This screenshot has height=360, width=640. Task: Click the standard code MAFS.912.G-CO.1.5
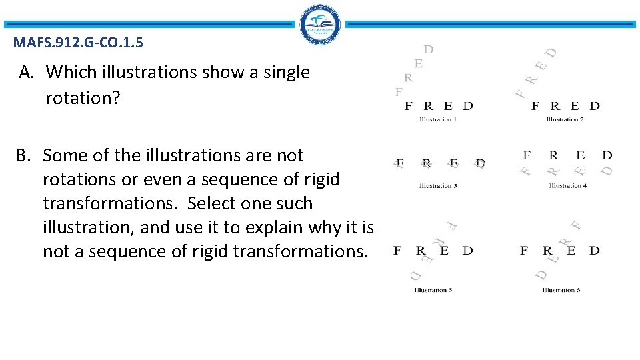click(x=77, y=44)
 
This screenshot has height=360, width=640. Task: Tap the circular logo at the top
click(x=320, y=25)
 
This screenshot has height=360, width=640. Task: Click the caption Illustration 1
click(x=438, y=120)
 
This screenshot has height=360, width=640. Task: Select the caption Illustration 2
click(x=565, y=120)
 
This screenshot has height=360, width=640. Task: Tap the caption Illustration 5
click(x=433, y=290)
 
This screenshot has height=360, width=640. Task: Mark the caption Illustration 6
click(x=561, y=290)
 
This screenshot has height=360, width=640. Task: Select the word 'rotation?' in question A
click(x=83, y=98)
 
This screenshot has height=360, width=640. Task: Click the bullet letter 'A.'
click(x=27, y=72)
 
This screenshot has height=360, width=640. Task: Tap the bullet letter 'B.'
click(x=24, y=155)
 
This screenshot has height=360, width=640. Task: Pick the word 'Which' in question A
click(x=69, y=72)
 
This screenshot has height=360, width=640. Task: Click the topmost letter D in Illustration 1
click(x=429, y=49)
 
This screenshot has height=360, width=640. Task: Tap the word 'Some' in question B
click(x=65, y=155)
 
